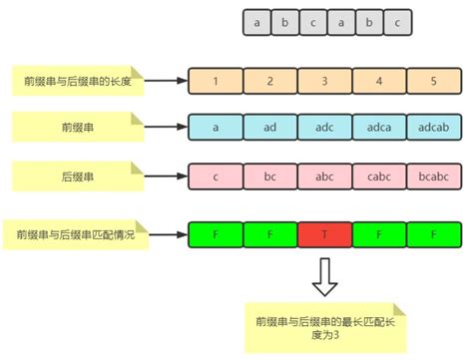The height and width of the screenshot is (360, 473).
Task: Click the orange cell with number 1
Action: pyautogui.click(x=216, y=80)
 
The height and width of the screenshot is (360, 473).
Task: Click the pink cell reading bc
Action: pyautogui.click(x=270, y=178)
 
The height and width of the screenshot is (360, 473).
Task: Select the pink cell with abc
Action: pyautogui.click(x=325, y=178)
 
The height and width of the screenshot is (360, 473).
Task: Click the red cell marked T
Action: pyautogui.click(x=325, y=236)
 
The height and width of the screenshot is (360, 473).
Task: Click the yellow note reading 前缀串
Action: pyautogui.click(x=78, y=128)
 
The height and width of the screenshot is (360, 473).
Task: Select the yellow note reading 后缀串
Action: pyautogui.click(x=78, y=177)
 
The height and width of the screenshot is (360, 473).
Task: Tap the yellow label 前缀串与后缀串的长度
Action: pyautogui.click(x=78, y=80)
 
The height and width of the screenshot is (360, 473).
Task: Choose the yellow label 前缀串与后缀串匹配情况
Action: pyautogui.click(x=76, y=235)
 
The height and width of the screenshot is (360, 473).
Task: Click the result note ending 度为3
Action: pyautogui.click(x=324, y=325)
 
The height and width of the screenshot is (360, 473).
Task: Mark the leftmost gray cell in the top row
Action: pyautogui.click(x=257, y=20)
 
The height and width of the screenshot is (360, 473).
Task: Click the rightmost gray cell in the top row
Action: pyautogui.click(x=397, y=20)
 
